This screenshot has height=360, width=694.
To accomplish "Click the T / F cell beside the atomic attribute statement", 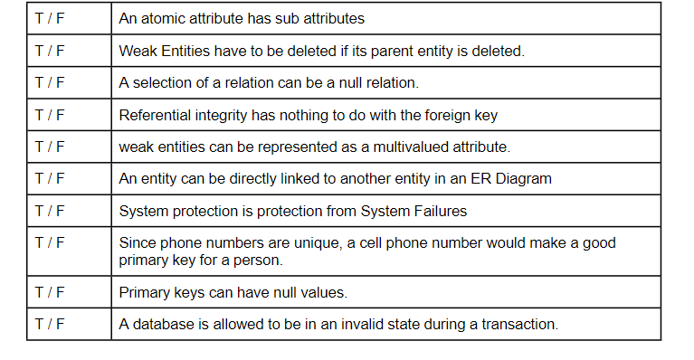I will coord(50,18).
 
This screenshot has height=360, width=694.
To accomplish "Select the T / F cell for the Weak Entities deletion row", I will coord(50,51).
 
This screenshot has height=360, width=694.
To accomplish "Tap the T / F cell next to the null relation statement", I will coord(50,82).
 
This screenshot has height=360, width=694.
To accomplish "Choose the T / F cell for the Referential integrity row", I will coord(50,115).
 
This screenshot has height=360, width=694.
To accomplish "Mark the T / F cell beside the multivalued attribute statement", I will coord(50,147).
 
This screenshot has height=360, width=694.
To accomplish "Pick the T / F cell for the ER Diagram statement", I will coord(50,179).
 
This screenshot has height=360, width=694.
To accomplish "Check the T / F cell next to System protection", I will coord(50,211).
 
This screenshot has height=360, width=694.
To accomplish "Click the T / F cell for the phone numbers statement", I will coord(50,242).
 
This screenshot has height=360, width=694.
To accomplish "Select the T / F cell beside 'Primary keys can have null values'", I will coord(50,292).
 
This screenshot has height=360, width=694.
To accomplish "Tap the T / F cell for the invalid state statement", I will coord(50,324).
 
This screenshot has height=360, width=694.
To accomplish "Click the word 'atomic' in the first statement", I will coord(160,19).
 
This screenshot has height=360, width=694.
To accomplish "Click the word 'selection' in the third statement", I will coord(163,83).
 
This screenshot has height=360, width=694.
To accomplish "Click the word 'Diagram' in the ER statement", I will coord(522,179).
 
